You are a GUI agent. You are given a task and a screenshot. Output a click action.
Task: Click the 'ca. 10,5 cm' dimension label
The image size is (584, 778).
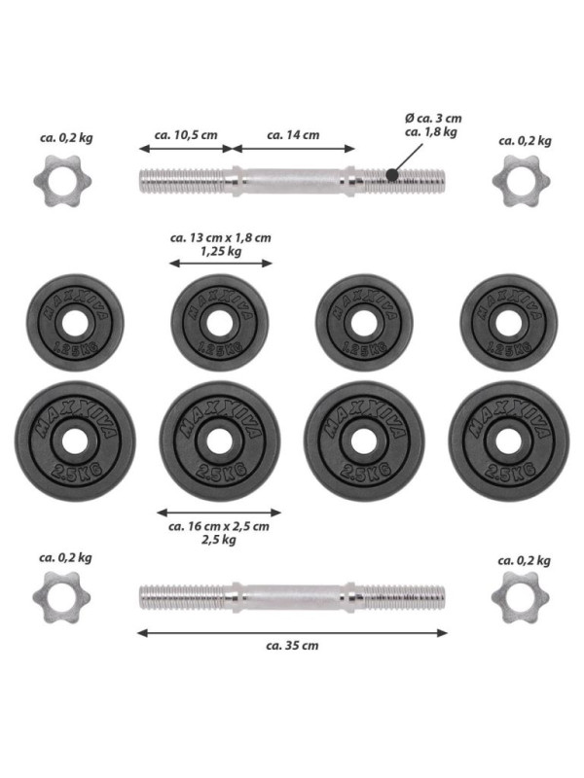(186, 135)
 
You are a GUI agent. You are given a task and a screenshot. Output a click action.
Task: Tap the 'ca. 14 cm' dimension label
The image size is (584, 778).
(293, 135)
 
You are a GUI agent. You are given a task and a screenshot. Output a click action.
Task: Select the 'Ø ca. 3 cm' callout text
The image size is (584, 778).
(433, 119)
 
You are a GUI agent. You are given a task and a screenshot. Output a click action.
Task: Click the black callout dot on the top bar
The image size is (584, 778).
(392, 175)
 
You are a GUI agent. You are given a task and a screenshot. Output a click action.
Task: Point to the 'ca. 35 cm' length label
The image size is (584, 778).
(292, 646)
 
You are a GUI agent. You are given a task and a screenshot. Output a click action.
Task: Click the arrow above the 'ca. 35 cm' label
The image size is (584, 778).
(292, 633)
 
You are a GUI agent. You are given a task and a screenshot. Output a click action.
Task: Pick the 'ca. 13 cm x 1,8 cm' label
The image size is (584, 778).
(221, 237)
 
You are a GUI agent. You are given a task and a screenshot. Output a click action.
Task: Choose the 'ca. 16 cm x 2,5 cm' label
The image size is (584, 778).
(219, 526)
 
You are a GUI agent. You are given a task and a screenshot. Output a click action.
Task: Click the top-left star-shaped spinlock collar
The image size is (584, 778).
(62, 181)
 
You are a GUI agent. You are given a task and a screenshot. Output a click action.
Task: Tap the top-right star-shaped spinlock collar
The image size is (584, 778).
(522, 181)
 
